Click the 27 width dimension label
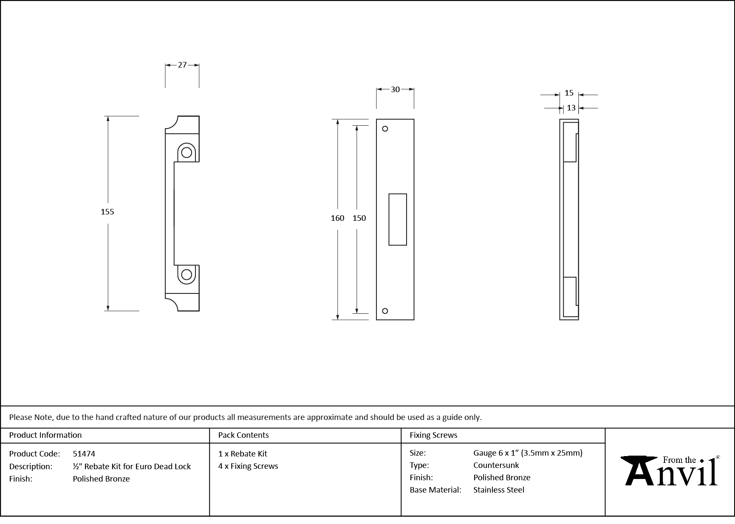tap(182, 65)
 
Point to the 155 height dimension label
tap(107, 211)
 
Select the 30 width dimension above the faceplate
tap(395, 89)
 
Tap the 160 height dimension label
tap(337, 218)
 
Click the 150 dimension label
tap(359, 218)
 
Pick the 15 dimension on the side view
tap(569, 93)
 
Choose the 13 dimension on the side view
tap(571, 108)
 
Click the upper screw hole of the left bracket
tap(187, 152)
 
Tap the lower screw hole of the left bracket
tap(187, 275)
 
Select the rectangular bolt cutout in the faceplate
tap(398, 220)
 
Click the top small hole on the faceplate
tap(385, 129)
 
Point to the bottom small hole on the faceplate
tap(385, 311)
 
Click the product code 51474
tap(84, 454)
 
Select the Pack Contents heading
tap(243, 435)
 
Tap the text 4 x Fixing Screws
tap(248, 466)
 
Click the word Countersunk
tap(496, 465)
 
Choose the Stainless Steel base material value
tap(498, 490)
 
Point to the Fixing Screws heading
tap(433, 435)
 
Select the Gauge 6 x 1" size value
tap(528, 453)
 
